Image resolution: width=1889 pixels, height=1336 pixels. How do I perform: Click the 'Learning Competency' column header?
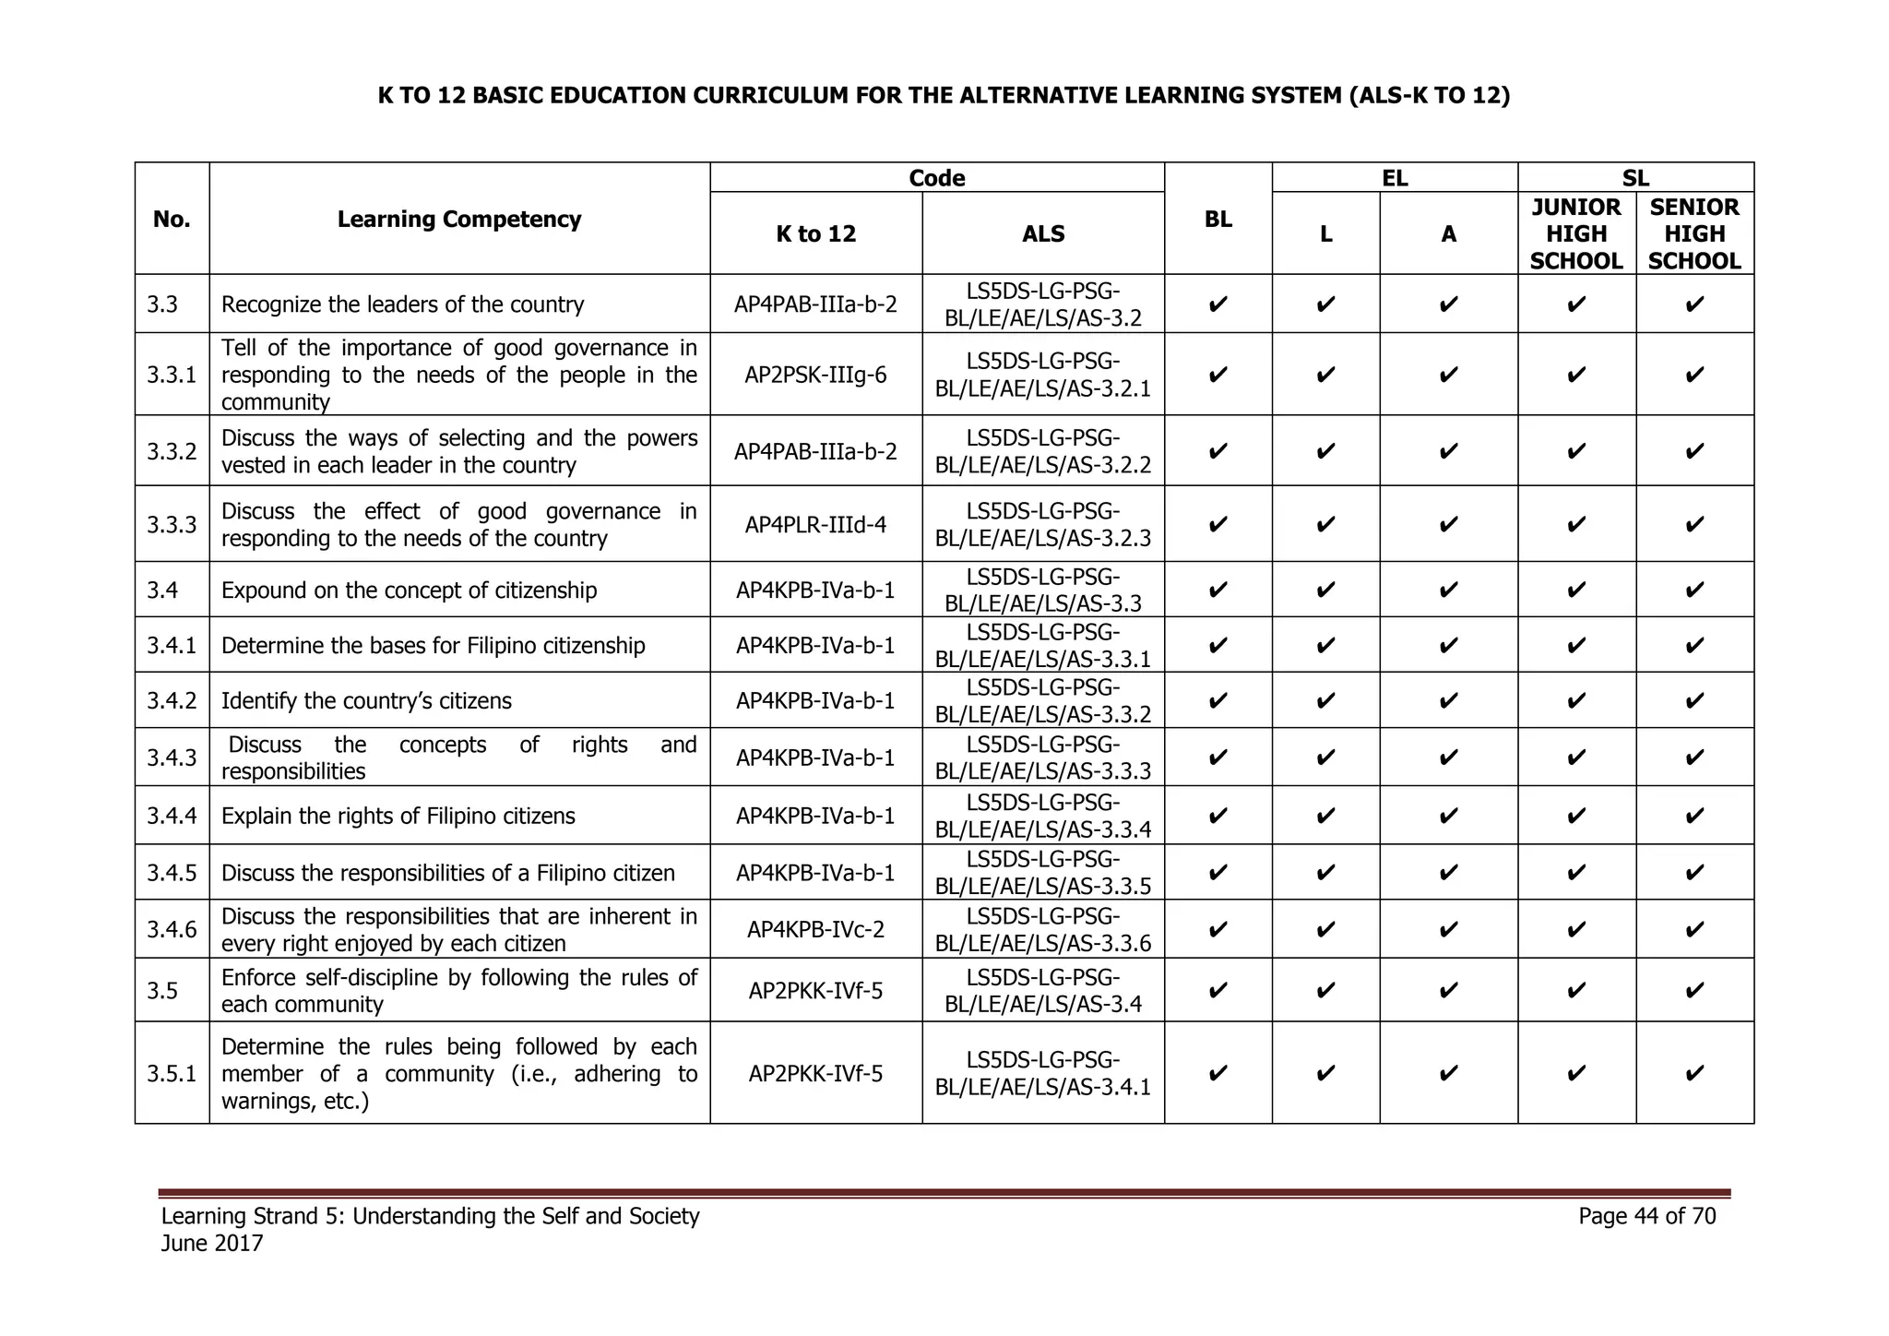(458, 220)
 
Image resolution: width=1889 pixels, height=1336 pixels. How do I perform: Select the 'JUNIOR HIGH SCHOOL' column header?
(1575, 234)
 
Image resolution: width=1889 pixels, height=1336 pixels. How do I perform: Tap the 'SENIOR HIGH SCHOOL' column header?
(1693, 234)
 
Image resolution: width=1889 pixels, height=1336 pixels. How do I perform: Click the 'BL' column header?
(1218, 220)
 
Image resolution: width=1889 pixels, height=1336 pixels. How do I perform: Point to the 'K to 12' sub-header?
(815, 234)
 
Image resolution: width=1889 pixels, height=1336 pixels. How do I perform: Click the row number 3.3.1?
(172, 375)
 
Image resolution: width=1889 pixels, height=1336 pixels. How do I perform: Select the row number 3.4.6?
(172, 929)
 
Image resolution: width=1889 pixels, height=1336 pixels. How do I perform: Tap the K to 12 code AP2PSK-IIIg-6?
(815, 375)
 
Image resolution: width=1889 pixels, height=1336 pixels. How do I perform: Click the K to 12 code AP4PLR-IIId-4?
(815, 525)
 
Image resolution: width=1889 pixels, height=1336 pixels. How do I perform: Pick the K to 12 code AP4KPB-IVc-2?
(815, 929)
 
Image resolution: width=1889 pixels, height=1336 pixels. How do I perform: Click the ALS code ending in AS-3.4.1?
(1042, 1073)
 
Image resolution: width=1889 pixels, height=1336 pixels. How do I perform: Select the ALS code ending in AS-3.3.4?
(1042, 816)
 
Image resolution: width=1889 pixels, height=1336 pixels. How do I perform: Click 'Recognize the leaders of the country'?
(402, 304)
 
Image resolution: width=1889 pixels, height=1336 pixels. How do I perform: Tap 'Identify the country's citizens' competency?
(366, 701)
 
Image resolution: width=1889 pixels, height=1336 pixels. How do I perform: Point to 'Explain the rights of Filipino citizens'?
(398, 817)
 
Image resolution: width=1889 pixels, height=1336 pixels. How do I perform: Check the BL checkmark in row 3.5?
(1218, 991)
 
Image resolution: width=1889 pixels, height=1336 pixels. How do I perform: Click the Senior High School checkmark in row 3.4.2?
(1693, 701)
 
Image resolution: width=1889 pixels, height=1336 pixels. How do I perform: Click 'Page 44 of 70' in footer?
(1646, 1216)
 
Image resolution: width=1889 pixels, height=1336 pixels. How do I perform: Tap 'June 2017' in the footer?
(212, 1244)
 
